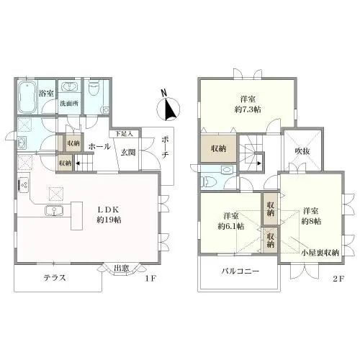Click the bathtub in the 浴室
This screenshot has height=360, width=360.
pos(27,97)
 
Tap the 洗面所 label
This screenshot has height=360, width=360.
pos(69,104)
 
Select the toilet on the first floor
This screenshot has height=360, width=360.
pos(94,88)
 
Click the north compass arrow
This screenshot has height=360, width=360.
pos(170,108)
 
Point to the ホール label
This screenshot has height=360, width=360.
pos(99,146)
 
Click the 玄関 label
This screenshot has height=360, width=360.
pos(128,152)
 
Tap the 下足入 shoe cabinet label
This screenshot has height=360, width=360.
pos(124,134)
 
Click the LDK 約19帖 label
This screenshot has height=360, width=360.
pos(109,215)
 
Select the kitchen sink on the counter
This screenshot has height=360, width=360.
pos(54,211)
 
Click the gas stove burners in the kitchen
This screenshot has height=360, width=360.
pos(24,185)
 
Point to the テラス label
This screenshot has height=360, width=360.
pos(55,278)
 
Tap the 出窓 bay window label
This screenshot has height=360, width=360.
pos(121,269)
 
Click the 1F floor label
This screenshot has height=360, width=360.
pos(150,279)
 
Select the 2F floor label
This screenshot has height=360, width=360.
pos(338,279)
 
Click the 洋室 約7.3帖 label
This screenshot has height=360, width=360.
pos(248,104)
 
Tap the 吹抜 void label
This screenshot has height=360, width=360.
pos(302,151)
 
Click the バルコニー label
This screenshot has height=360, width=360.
pos(240,271)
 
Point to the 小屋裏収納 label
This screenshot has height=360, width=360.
pos(320,253)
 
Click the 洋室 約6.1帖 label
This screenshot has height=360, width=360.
pos(231,221)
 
